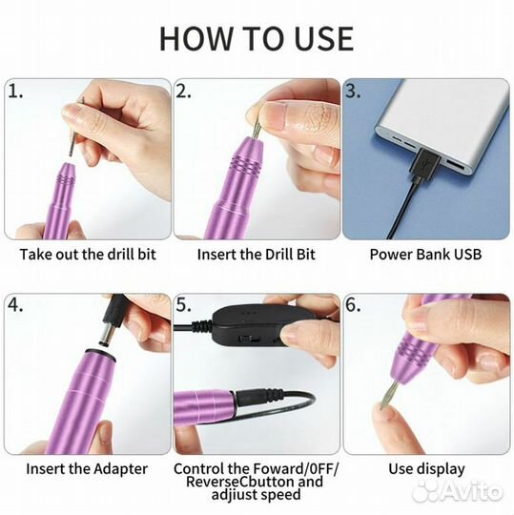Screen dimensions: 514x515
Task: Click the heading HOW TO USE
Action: click(x=257, y=38)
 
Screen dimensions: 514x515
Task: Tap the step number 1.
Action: click(x=15, y=92)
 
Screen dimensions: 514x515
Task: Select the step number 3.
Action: click(x=353, y=92)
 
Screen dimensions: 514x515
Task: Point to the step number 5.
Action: click(x=183, y=305)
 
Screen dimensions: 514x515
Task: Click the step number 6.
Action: click(x=353, y=305)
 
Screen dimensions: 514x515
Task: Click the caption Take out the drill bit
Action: click(x=88, y=255)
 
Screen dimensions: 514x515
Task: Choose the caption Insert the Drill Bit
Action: click(x=257, y=255)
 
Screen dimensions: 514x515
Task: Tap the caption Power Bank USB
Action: click(x=425, y=255)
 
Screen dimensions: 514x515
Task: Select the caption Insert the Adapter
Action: click(x=87, y=469)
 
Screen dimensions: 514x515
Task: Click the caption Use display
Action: click(x=426, y=469)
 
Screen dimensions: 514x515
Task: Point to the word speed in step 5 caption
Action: click(x=280, y=495)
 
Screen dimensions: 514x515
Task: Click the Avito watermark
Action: click(x=458, y=492)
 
